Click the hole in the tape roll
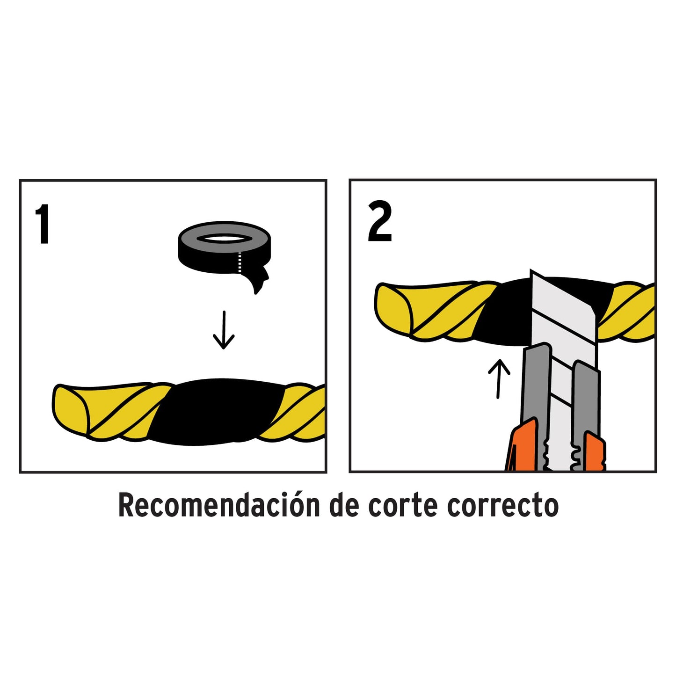pyautogui.click(x=223, y=239)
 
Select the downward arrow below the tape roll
pyautogui.click(x=224, y=330)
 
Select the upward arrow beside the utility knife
pyautogui.click(x=499, y=378)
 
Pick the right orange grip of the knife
pyautogui.click(x=595, y=451)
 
